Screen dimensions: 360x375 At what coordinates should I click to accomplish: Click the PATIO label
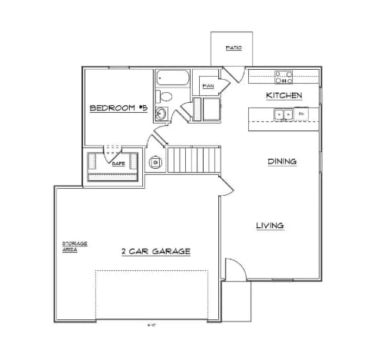234,48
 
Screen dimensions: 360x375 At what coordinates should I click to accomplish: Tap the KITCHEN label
283,95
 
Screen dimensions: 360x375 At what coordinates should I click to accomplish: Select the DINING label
282,161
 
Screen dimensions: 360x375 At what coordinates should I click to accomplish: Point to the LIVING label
270,226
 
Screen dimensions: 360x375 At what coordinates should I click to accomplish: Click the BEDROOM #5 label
118,108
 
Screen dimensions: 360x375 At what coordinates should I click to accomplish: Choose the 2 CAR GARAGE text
155,252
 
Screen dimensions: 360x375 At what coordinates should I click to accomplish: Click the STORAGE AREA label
75,246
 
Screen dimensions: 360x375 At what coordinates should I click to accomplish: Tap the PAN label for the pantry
207,86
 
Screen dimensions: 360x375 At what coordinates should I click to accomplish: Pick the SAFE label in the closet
118,163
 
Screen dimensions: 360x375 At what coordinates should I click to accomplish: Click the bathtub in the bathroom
171,79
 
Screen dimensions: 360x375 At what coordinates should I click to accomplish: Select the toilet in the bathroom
164,97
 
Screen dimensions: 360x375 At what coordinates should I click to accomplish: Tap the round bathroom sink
161,114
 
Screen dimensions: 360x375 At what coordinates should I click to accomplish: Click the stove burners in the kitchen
284,76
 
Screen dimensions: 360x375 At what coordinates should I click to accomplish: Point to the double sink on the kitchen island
283,114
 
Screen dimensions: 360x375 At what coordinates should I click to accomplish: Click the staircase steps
194,160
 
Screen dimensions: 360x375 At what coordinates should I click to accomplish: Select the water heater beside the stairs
156,162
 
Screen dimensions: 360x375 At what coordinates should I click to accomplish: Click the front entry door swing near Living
235,269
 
